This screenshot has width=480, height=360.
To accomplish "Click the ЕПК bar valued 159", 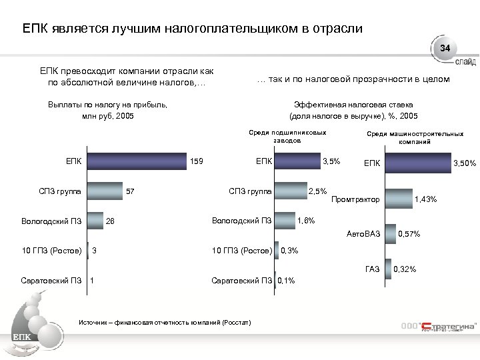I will click(137, 161).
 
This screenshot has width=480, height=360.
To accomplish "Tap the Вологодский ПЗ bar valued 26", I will click(95, 221).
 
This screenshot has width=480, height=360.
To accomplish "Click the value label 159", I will click(197, 161).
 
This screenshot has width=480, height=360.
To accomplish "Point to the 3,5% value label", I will click(331, 161).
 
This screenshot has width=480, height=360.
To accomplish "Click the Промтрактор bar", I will click(401, 199).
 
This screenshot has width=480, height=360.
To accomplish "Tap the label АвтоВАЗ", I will click(363, 234).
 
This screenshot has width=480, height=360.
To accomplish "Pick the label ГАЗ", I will click(372, 269).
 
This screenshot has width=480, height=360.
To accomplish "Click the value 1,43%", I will click(426, 199).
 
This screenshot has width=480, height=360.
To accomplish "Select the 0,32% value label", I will click(405, 269).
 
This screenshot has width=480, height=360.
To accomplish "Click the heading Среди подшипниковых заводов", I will click(287, 137).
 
